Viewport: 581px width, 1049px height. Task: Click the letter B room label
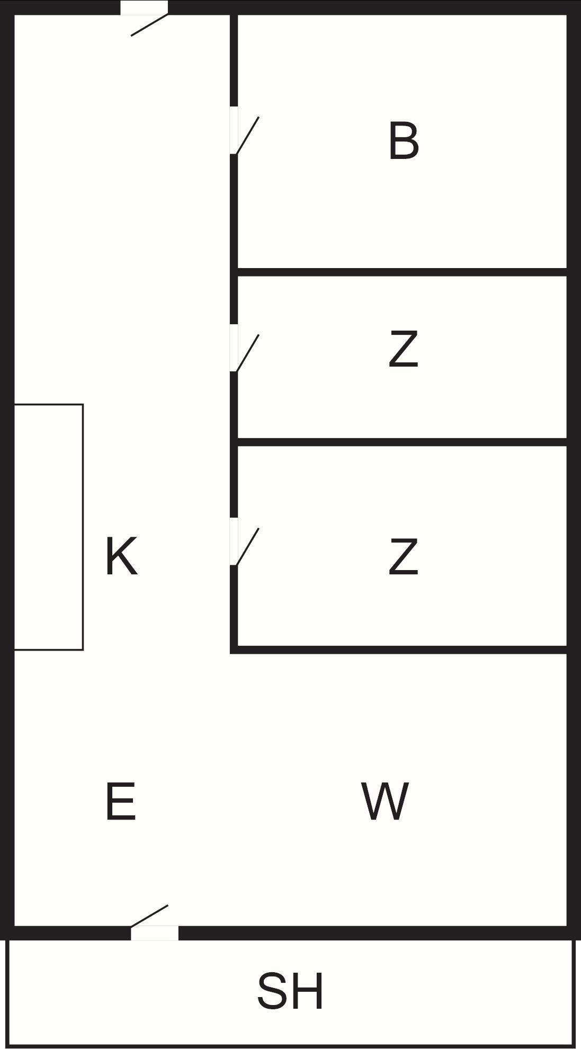click(x=404, y=141)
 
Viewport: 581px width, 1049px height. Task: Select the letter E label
click(x=120, y=802)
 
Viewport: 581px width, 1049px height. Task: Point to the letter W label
click(x=385, y=801)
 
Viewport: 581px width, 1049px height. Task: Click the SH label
click(x=290, y=991)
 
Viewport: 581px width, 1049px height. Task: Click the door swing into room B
click(x=248, y=135)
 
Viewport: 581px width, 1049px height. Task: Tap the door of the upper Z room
click(x=248, y=352)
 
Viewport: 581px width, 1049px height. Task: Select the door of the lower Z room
click(x=248, y=546)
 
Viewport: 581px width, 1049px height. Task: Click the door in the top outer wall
click(x=150, y=24)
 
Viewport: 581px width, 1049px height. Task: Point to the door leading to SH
click(x=149, y=916)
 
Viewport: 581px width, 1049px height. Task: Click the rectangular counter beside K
click(x=48, y=527)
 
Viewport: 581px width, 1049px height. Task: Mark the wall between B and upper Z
click(x=403, y=272)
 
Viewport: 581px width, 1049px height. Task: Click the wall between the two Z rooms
click(x=403, y=442)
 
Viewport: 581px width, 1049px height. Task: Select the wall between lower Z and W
click(x=403, y=650)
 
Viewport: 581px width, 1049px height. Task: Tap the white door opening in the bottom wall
click(x=155, y=933)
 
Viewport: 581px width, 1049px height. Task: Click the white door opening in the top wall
click(x=144, y=7)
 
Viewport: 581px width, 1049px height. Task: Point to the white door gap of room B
click(x=234, y=130)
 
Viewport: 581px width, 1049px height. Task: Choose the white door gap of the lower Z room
click(x=234, y=541)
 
